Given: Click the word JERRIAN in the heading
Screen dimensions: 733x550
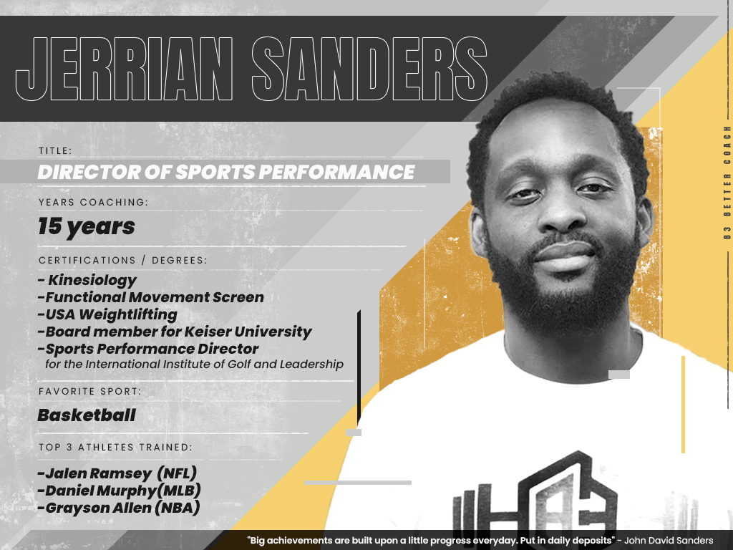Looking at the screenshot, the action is point(125,69).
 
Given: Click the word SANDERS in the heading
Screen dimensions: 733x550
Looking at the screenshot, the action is point(370,69).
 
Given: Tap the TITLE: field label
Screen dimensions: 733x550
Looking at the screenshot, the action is point(55,150).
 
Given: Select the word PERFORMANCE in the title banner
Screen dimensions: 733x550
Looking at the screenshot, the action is point(336,172).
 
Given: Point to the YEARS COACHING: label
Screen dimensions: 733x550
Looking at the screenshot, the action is point(94,202).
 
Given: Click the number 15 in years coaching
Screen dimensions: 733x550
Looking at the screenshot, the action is point(50,226).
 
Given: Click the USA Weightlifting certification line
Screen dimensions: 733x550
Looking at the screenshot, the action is point(107,315).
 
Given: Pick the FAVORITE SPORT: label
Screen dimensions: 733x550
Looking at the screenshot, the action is point(89,391).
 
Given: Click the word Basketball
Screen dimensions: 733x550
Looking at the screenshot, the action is point(87,415).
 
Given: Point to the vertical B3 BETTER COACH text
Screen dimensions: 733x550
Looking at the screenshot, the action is point(727,183).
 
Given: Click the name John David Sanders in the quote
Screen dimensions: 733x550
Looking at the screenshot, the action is point(669,541).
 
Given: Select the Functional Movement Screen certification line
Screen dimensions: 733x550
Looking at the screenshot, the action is point(151,297).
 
